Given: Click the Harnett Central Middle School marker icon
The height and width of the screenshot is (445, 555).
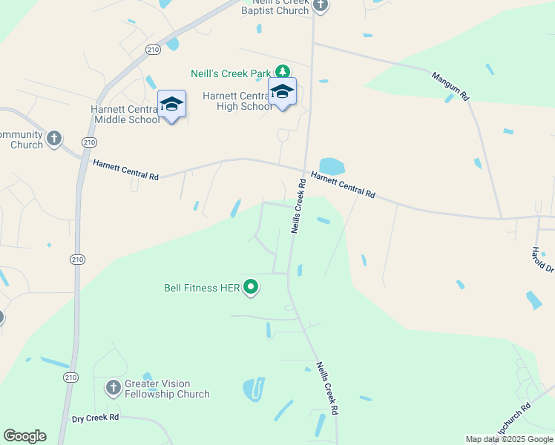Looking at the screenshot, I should pyautogui.click(x=171, y=105).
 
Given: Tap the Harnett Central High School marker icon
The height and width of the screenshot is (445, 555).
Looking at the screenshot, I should pyautogui.click(x=282, y=92).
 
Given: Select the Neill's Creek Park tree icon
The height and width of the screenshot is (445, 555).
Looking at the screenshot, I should pyautogui.click(x=282, y=72).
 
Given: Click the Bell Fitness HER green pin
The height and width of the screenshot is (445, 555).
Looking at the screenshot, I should pyautogui.click(x=251, y=286).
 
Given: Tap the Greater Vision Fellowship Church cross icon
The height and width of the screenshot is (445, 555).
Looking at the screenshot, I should pyautogui.click(x=113, y=387).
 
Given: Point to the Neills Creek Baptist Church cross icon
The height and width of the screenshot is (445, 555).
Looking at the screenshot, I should pyautogui.click(x=320, y=6).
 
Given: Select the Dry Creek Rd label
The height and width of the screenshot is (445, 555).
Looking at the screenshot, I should pyautogui.click(x=96, y=418).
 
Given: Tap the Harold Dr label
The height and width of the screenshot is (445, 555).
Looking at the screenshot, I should pyautogui.click(x=542, y=260).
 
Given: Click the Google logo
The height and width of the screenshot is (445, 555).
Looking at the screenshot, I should pyautogui.click(x=24, y=436).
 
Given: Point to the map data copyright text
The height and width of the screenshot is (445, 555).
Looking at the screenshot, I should pyautogui.click(x=508, y=439).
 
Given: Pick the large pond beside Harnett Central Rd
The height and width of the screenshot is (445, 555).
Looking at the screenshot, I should pyautogui.click(x=332, y=166).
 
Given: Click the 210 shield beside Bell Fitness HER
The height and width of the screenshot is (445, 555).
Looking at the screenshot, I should pyautogui.click(x=78, y=260).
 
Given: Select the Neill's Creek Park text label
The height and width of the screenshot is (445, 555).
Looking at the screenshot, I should pyautogui.click(x=231, y=73).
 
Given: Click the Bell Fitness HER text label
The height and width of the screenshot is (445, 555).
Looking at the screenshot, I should pyautogui.click(x=202, y=287).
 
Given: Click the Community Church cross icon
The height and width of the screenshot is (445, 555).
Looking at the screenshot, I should pyautogui.click(x=53, y=138).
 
